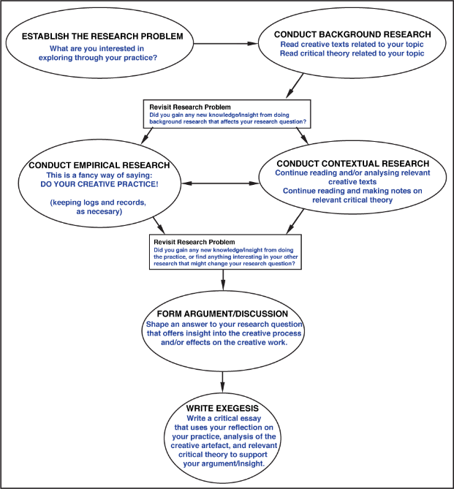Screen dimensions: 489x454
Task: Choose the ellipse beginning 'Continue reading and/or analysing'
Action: point(353,183)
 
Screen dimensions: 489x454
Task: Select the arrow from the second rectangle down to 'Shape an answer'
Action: point(223,281)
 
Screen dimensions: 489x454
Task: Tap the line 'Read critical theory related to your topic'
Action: point(352,53)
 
